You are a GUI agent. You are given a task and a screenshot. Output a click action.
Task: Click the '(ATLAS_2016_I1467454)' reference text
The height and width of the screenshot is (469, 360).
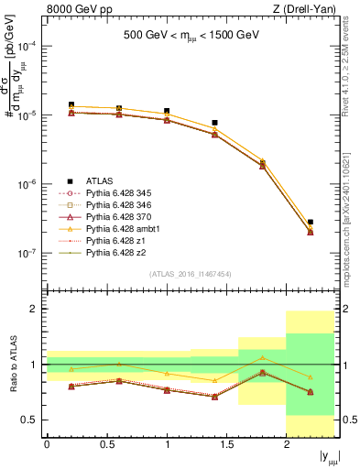pyautogui.click(x=190, y=274)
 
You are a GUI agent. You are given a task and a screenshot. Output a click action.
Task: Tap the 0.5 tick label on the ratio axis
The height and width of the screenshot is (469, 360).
pyautogui.click(x=31, y=420)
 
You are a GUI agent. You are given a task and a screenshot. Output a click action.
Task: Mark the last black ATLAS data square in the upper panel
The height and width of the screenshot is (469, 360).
pyautogui.click(x=311, y=222)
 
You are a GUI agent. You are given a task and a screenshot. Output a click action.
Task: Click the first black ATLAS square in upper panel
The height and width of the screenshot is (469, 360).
pyautogui.click(x=71, y=105)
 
